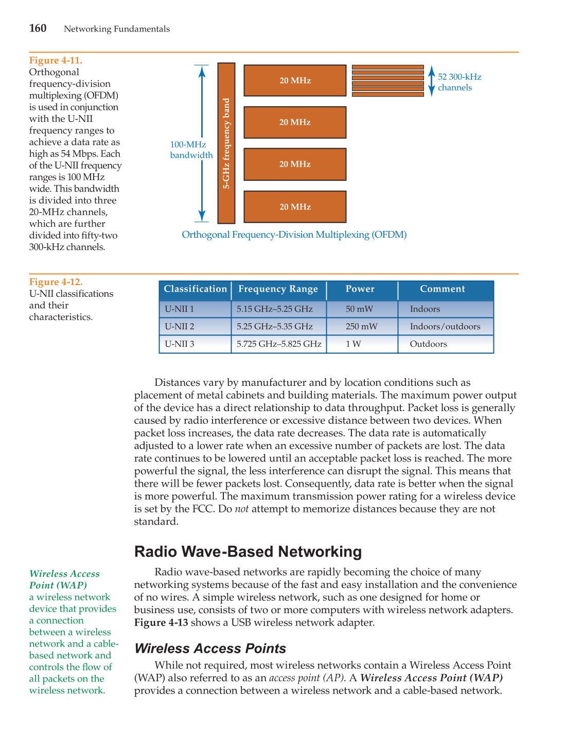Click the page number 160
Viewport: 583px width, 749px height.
[38, 28]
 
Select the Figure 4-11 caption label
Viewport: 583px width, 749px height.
[56, 60]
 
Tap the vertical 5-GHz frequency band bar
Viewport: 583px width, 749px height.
[226, 143]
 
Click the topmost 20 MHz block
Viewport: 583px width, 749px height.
[295, 80]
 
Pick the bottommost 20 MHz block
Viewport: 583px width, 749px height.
[295, 207]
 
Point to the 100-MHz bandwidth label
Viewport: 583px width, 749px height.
[191, 150]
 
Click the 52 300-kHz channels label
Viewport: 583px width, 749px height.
[459, 82]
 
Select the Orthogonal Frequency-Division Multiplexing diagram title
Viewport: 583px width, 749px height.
[294, 235]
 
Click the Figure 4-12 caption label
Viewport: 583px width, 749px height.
[56, 282]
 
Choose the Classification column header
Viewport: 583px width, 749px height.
[195, 289]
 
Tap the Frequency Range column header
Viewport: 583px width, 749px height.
[278, 289]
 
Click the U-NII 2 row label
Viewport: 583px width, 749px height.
[180, 327]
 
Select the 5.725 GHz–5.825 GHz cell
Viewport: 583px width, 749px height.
[278, 344]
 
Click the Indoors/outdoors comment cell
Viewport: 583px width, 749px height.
[445, 327]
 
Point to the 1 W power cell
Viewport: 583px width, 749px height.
[354, 344]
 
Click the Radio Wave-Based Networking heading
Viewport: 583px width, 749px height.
[248, 551]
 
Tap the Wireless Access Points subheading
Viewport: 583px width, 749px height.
[210, 648]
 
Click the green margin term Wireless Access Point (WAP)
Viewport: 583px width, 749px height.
[64, 579]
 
